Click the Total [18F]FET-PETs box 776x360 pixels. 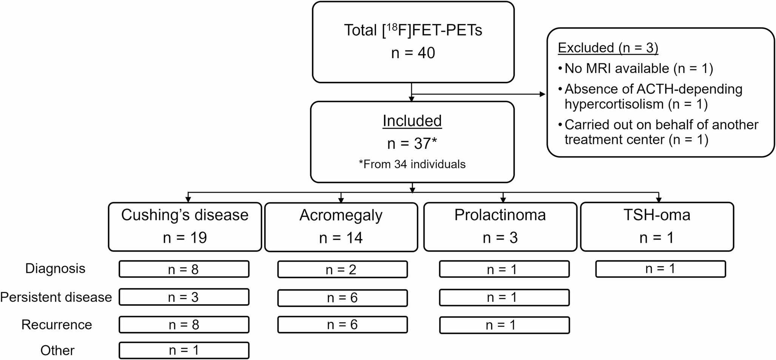tap(413, 42)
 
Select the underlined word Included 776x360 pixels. tap(412, 121)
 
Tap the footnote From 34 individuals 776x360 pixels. tap(412, 164)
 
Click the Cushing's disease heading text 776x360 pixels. tap(185, 215)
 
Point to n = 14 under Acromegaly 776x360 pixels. tap(341, 238)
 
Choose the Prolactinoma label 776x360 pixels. tap(500, 215)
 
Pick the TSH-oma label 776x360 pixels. tap(657, 215)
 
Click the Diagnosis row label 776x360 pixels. tap(55, 269)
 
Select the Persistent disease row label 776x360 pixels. tap(56, 297)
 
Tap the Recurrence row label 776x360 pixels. tap(57, 325)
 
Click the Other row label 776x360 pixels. tap(57, 350)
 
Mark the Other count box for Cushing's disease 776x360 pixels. tap(184, 350)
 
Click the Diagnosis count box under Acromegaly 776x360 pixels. tap(342, 269)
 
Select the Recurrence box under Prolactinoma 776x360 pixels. tap(504, 325)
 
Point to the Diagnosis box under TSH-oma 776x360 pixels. tap(661, 269)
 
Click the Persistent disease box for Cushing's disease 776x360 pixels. tap(184, 297)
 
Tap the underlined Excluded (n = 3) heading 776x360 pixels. tap(608, 48)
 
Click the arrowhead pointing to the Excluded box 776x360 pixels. tap(543, 94)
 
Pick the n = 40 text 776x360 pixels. tap(413, 53)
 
